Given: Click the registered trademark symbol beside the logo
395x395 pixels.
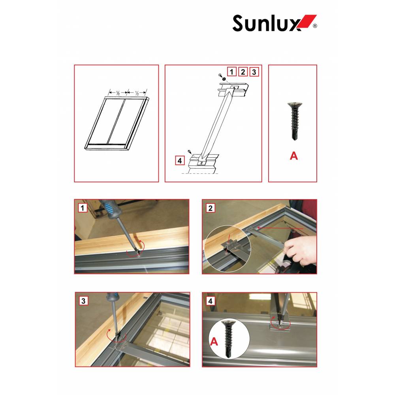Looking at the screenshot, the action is click(x=315, y=26).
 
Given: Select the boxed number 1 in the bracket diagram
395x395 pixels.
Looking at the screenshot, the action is click(x=231, y=72).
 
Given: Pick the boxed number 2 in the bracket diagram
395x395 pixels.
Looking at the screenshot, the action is click(x=243, y=72).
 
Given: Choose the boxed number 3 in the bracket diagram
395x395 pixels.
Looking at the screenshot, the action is click(x=254, y=72).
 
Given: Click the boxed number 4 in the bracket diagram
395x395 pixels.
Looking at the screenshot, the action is click(x=180, y=160).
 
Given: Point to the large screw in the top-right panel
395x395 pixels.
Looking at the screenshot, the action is click(x=295, y=121).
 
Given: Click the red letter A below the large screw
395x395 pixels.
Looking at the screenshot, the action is click(x=294, y=156).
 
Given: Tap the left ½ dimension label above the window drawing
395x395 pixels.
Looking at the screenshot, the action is click(x=118, y=93).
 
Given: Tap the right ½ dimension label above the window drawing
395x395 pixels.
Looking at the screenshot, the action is click(x=137, y=93).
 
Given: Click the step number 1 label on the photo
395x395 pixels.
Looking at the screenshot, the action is click(x=83, y=208).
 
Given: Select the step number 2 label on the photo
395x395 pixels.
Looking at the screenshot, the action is click(x=211, y=208).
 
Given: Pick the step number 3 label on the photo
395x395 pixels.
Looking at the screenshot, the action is click(x=83, y=301).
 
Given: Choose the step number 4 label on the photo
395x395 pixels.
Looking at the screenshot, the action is click(x=211, y=301).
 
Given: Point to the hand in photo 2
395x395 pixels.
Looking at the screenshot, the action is click(x=299, y=250).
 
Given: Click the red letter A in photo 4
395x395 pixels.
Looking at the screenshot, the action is click(x=214, y=341).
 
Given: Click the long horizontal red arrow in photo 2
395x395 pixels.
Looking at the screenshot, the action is click(x=280, y=228).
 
